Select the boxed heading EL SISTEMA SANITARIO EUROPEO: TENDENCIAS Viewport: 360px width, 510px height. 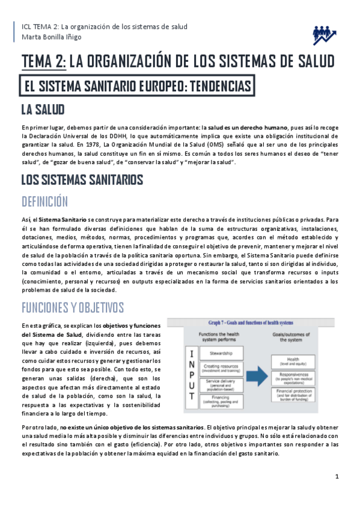[136, 86]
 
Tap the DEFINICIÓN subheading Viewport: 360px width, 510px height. [44, 201]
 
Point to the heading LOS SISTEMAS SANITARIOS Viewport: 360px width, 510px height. [82, 179]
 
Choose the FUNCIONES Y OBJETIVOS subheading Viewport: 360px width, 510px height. [73, 307]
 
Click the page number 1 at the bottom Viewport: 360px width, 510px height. [337, 477]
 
